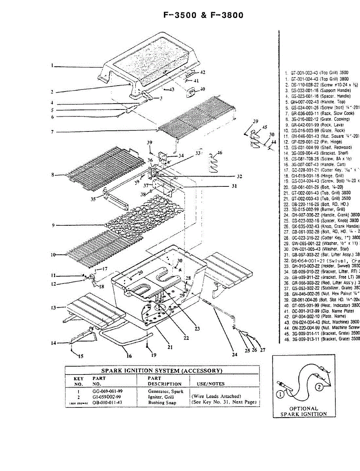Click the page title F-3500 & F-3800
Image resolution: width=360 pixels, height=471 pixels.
203,15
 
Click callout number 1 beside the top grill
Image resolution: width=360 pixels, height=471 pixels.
52,66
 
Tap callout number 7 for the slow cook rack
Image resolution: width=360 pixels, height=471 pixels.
52,132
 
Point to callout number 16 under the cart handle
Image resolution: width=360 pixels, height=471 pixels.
129,356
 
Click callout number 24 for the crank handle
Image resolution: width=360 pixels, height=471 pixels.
234,354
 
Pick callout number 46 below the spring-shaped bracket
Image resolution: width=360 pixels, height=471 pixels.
219,153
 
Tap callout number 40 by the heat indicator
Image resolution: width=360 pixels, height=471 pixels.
202,89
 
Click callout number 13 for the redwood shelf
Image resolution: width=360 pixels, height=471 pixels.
53,308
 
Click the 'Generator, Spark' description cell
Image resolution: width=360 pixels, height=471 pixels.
165,391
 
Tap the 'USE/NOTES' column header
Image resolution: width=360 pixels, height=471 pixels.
206,384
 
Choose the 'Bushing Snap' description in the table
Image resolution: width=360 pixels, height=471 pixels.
162,402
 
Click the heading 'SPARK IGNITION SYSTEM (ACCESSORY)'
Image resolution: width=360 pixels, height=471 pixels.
162,371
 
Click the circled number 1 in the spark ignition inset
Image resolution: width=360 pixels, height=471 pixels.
281,394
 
